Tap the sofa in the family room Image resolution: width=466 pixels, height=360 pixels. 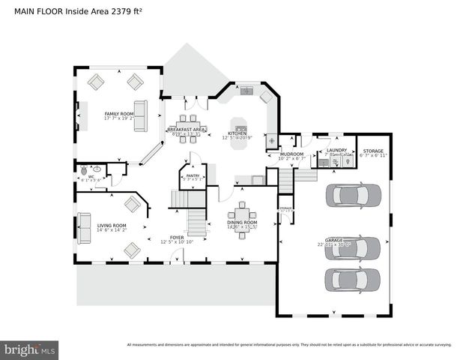tap(140, 115)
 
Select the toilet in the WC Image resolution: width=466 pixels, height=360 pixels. tap(84, 170)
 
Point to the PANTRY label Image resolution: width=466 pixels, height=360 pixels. tap(193, 175)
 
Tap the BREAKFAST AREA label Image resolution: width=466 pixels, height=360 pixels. tap(187, 130)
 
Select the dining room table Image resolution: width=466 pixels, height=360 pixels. tap(242, 219)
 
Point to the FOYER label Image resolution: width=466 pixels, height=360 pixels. tap(177, 237)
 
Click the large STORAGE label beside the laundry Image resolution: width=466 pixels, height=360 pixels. tap(373, 151)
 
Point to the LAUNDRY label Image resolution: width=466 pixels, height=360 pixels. tap(336, 150)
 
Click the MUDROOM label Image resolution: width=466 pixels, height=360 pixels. tap(291, 154)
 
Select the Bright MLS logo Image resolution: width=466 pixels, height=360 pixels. tap(30, 349)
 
